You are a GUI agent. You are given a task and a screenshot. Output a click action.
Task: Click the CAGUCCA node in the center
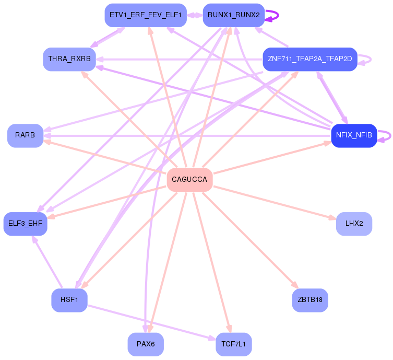coord(189,180)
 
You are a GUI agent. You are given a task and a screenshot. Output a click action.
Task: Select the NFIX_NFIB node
coord(354,135)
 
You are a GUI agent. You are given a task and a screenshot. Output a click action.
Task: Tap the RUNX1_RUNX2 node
coord(233,15)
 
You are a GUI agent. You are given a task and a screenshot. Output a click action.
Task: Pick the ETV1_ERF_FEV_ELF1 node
coord(145,15)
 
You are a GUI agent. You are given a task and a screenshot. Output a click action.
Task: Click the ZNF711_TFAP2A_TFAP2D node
coord(309,59)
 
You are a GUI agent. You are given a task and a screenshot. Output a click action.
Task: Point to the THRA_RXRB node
coord(69,59)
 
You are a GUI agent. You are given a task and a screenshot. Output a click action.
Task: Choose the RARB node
coord(25,135)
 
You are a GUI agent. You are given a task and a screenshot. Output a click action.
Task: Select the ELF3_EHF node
coord(26,224)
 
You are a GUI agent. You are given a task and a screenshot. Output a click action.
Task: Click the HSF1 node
coord(69,300)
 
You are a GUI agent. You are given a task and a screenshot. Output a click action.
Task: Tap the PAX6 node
coord(146,344)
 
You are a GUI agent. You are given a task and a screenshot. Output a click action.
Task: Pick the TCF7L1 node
coord(233,344)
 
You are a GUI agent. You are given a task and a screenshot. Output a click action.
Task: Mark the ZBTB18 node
coord(310,300)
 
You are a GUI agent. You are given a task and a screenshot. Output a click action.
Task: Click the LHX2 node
coord(354,224)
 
